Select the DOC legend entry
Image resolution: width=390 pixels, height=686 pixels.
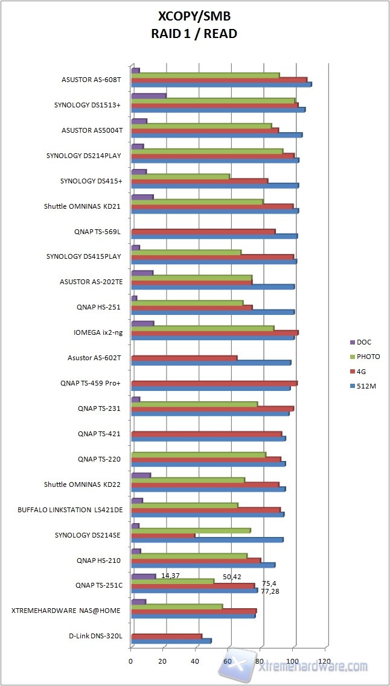(x=364, y=341)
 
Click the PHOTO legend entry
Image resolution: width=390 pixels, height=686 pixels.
(x=368, y=357)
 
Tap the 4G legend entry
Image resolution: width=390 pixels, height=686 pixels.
(x=362, y=372)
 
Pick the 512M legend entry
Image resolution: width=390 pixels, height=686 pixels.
(x=366, y=386)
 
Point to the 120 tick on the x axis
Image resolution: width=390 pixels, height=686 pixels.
(x=325, y=661)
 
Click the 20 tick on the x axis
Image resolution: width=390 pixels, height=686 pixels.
(x=163, y=661)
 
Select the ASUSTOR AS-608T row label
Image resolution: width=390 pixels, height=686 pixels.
(x=92, y=80)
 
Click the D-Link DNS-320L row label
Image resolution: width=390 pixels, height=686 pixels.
(x=96, y=636)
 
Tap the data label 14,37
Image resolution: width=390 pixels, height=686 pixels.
(x=170, y=576)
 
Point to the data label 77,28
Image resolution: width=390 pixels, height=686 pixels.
(x=270, y=591)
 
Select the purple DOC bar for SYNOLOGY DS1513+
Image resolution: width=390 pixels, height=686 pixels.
(x=149, y=96)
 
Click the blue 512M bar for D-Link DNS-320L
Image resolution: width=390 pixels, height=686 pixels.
(x=171, y=641)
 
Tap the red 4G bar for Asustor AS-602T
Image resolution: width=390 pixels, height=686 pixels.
(x=184, y=358)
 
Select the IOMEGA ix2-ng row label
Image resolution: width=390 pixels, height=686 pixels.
(x=97, y=332)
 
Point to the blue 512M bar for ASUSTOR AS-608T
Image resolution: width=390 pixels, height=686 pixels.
(x=221, y=84)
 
